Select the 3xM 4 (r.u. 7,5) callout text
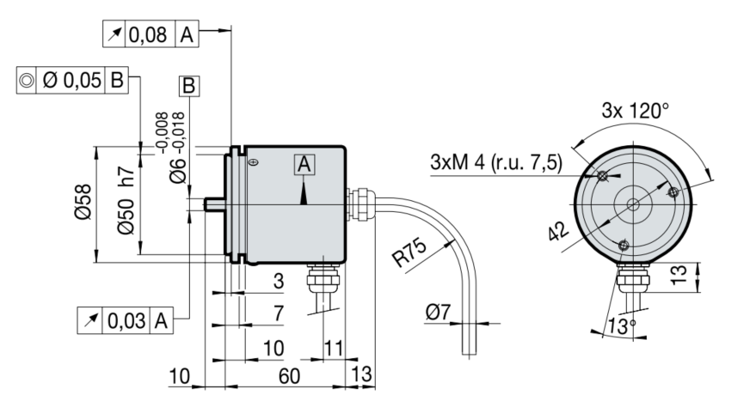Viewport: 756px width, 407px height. coord(496,163)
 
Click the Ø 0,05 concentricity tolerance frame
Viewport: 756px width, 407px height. coord(72,81)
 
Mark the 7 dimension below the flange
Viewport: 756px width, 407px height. coord(278,314)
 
